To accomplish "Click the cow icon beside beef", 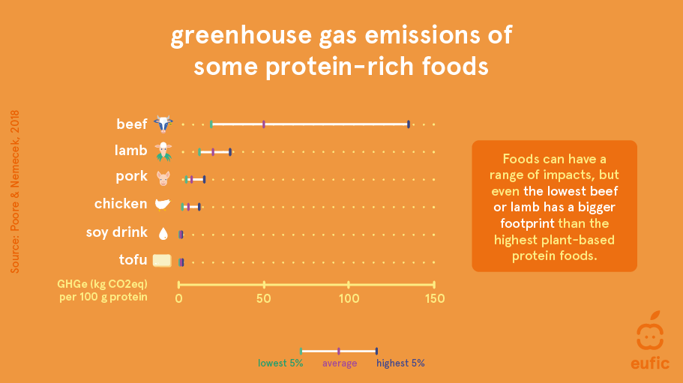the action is (x=163, y=124).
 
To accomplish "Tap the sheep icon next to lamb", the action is (x=163, y=151).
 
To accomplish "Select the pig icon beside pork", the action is (x=163, y=178).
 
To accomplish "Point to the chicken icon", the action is (x=163, y=205).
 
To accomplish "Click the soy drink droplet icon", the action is (x=163, y=233).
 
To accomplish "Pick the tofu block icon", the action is (x=162, y=260).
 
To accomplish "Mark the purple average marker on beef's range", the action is (x=264, y=124).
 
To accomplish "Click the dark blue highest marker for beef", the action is (x=408, y=124).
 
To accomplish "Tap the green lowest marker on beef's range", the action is (x=211, y=124).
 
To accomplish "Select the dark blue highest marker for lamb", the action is (x=230, y=152).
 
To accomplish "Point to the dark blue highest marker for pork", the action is (x=204, y=179).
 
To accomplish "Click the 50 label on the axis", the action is (x=264, y=298).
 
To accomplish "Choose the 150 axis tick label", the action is (x=434, y=298).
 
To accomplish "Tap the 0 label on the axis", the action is (x=178, y=298).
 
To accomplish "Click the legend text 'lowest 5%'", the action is (x=280, y=363).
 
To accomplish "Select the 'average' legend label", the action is (x=340, y=364).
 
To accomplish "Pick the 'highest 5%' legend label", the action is (x=401, y=363).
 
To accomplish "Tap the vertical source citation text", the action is (x=15, y=192).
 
